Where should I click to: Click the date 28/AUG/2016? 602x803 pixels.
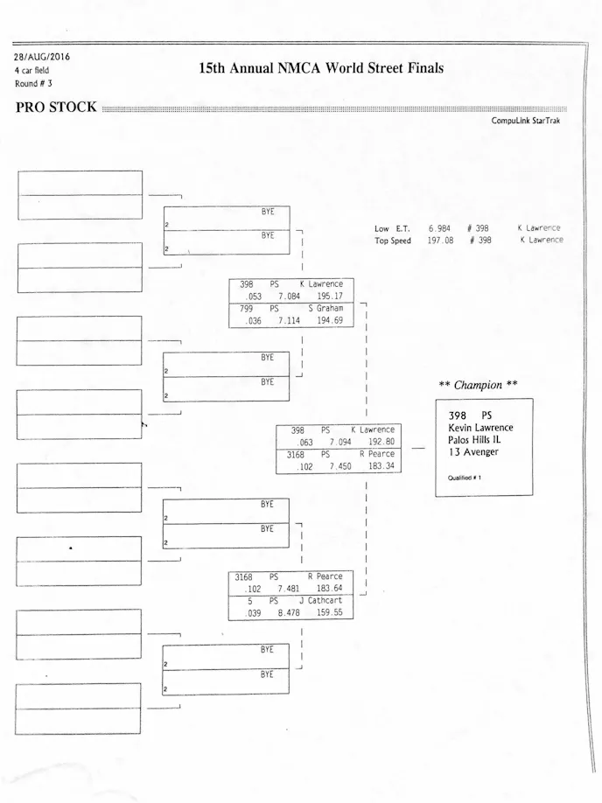pos(42,58)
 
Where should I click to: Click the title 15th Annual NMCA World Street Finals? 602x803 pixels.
pos(321,68)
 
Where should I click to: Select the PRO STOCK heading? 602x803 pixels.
pos(56,108)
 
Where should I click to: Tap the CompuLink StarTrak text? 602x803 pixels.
pos(526,121)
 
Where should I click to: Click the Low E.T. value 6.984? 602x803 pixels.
pos(440,228)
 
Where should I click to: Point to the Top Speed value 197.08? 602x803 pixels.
pos(440,241)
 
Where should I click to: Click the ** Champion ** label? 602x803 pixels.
pos(478,385)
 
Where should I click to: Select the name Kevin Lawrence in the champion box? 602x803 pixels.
pos(480,428)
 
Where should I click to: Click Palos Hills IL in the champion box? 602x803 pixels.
pos(476,440)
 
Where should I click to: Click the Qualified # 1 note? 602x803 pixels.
pos(465,478)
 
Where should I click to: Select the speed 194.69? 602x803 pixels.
pos(330,321)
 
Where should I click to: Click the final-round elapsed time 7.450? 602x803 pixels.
pos(340,466)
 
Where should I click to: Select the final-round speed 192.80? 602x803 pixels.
pos(381,443)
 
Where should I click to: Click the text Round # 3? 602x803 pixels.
pos(33,83)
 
